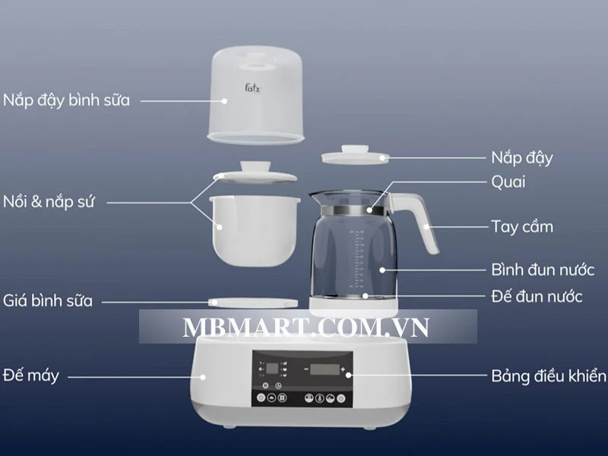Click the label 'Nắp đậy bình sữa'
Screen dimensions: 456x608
66,100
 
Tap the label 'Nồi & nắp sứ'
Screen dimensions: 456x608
49,203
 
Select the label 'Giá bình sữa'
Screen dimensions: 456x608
48,300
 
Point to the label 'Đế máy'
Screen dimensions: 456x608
31,375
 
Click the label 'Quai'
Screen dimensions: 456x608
508,182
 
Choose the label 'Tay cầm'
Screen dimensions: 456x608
521,226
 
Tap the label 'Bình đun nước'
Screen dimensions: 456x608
548,270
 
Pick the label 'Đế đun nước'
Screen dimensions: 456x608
537,296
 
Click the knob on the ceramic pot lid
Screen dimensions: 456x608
254,167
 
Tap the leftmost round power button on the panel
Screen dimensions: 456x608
261,397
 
